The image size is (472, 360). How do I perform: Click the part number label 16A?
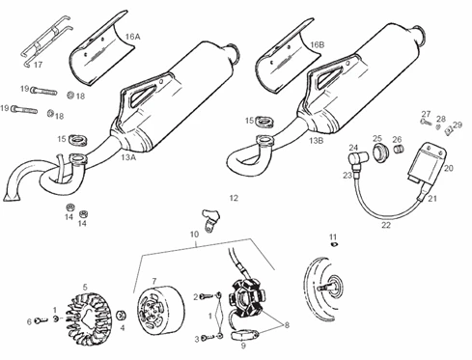pos(132,37)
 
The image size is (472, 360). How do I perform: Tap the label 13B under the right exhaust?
pos(316,141)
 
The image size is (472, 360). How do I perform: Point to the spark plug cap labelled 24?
pos(357,158)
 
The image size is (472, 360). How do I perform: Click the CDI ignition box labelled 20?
pos(427,164)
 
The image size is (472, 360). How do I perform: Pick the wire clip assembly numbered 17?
pos(45,41)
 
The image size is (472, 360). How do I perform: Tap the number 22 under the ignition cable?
pos(386,225)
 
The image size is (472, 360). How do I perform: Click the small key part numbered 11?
pos(334,244)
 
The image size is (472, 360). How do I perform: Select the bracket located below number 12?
pos(209,219)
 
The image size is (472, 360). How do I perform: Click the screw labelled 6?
pos(41,320)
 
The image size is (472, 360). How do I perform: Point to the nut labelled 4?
pos(122,316)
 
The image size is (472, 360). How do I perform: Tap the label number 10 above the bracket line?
pos(194,235)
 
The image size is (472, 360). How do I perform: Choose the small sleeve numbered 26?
pos(400,150)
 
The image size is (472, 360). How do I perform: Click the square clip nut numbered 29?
pos(449,130)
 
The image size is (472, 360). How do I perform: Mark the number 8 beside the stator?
pos(287,325)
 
